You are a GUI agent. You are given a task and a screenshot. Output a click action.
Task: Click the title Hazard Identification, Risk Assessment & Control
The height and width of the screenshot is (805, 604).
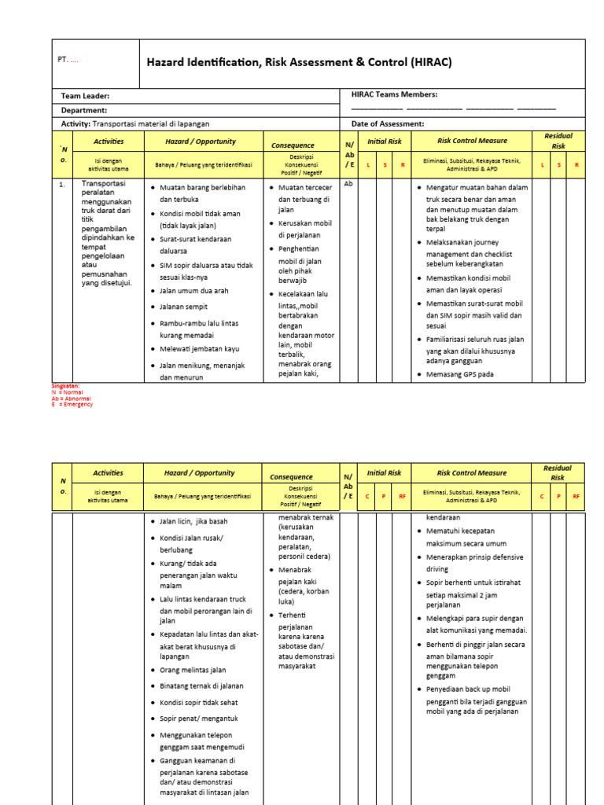[299, 62]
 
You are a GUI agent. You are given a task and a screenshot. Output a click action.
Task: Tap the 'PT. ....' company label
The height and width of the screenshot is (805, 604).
[68, 60]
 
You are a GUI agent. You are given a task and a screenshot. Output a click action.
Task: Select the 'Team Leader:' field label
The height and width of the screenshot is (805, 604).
[90, 95]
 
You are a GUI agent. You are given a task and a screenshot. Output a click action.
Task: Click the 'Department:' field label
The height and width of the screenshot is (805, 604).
[84, 110]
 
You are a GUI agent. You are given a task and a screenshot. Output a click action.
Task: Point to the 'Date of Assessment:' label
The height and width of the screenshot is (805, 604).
[388, 124]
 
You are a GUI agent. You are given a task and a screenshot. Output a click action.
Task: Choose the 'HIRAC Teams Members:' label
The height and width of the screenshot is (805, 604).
[394, 94]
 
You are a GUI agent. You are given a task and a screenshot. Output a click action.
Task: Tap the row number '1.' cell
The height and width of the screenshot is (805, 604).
[62, 185]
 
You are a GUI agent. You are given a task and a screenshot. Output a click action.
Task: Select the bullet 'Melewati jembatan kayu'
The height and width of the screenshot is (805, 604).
[199, 349]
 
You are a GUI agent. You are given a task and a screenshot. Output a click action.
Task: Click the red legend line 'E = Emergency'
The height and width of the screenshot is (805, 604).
[72, 404]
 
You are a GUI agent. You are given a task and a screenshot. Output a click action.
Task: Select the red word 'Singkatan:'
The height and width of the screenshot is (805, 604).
[65, 386]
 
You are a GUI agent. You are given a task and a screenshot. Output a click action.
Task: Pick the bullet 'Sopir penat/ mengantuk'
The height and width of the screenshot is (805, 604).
[198, 719]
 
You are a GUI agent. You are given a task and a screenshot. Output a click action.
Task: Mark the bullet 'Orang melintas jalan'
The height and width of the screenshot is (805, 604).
[193, 670]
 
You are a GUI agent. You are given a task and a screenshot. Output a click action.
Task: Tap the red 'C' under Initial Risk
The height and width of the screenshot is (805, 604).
[366, 497]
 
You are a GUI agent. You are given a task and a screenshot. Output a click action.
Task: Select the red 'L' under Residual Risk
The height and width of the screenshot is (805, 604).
[542, 164]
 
